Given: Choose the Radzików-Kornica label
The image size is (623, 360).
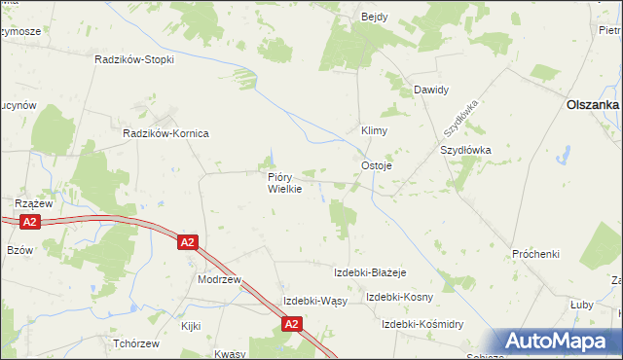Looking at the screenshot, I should click(165, 133).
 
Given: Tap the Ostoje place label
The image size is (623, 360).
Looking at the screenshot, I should click(377, 165).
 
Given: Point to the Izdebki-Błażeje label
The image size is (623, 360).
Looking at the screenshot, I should click(369, 271).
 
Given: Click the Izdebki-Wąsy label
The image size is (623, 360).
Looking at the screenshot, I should click(314, 301).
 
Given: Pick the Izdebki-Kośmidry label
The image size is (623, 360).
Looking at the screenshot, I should click(422, 324).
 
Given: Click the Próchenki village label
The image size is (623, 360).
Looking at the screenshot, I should click(535, 254).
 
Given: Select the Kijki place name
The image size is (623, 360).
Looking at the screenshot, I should click(191, 327).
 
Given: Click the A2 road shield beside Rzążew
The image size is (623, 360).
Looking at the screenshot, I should click(30, 223).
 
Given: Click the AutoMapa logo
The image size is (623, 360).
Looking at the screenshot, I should click(559, 340).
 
